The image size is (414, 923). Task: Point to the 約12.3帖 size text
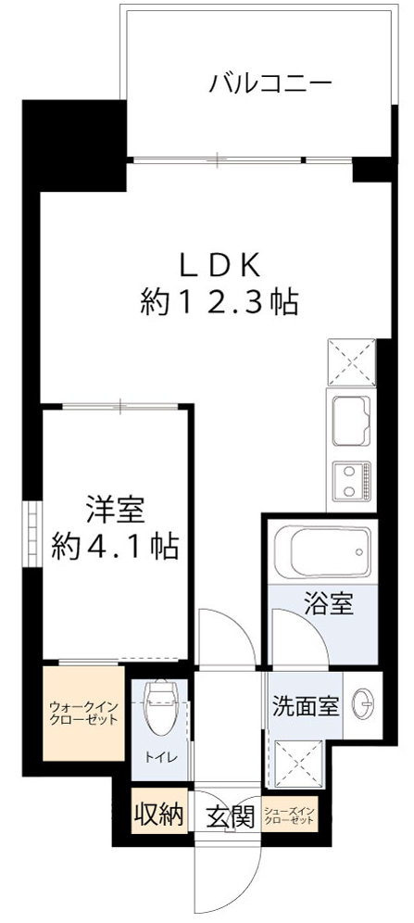pos(220,301)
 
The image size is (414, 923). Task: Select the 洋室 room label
pos(114,510)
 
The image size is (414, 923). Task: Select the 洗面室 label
pos(305,705)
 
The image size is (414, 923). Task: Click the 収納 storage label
pos(156,816)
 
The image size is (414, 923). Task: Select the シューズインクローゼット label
pos(289,816)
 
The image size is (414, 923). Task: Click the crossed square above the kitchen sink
pos(350,362)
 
